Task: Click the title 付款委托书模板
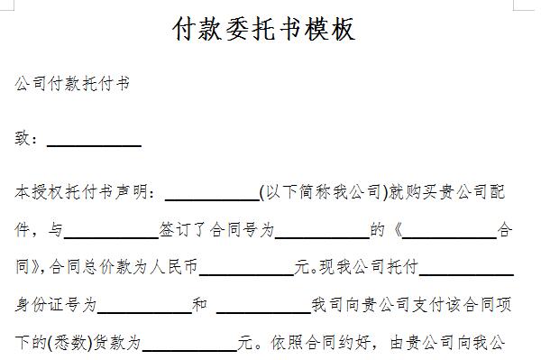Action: click(x=264, y=29)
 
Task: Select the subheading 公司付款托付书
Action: click(x=73, y=84)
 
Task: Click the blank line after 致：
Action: click(x=94, y=140)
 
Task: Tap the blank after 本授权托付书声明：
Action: click(x=212, y=192)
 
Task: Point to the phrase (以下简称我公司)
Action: click(x=322, y=192)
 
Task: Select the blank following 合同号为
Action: click(x=322, y=230)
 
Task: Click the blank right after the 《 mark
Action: click(x=455, y=230)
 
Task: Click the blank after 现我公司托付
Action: click(x=467, y=268)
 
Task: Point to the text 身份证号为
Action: click(x=56, y=306)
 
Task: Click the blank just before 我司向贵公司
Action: click(x=263, y=306)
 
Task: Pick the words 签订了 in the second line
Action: click(x=183, y=230)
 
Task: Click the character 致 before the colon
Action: click(x=23, y=140)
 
